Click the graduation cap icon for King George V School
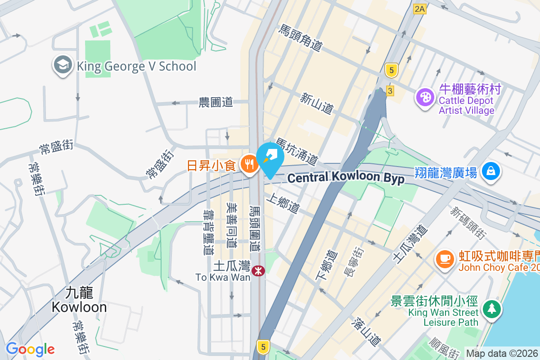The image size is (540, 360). click(x=63, y=66)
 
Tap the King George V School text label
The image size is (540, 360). click(x=137, y=67)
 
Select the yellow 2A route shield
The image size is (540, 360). click(x=420, y=9)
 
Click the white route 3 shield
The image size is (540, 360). click(x=390, y=91)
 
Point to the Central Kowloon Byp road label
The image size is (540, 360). click(x=346, y=177)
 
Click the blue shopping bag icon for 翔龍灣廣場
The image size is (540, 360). click(x=490, y=172)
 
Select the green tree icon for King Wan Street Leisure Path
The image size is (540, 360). click(x=492, y=309)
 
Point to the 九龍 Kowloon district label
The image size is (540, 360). click(x=79, y=300)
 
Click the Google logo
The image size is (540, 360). click(x=30, y=349)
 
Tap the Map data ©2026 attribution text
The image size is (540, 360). click(x=502, y=353)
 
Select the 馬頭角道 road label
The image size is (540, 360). click(x=301, y=38)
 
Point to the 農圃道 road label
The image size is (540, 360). click(x=216, y=102)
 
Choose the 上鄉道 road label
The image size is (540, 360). click(x=283, y=203)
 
